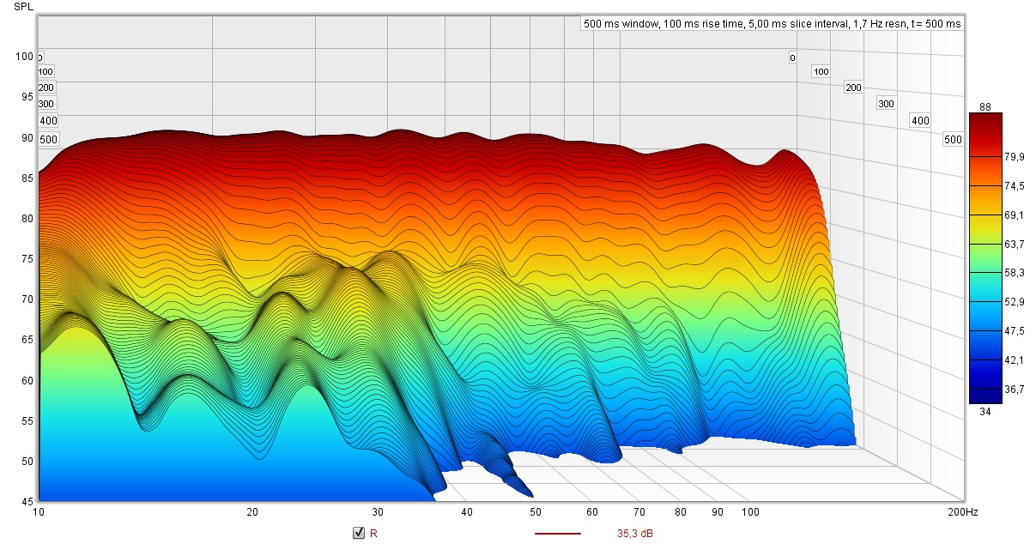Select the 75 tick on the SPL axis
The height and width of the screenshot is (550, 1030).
click(27, 259)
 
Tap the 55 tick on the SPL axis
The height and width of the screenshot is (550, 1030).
click(27, 421)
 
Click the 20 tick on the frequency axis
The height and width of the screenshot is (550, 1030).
click(252, 512)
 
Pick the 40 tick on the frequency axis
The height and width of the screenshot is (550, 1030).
click(467, 512)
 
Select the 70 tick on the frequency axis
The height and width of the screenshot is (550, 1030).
click(639, 512)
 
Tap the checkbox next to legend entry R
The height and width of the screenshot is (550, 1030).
click(359, 534)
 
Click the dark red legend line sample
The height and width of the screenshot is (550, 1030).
click(558, 534)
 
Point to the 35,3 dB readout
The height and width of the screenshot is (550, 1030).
click(634, 534)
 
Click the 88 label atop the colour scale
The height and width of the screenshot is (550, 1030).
click(985, 106)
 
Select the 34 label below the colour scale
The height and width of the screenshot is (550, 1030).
click(985, 412)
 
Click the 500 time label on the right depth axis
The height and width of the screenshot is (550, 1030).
click(953, 140)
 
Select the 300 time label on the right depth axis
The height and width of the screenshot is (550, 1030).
click(886, 104)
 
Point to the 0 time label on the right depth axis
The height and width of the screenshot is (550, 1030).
click(792, 58)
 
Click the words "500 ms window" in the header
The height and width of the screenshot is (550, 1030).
click(619, 24)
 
